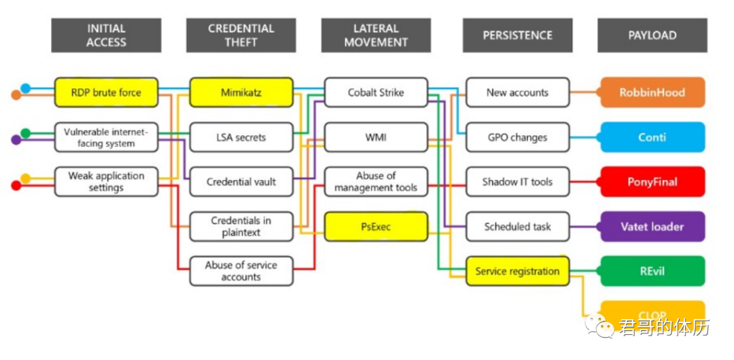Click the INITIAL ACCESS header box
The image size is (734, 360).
106,35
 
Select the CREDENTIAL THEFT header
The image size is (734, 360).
241,35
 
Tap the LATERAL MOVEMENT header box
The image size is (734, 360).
376,35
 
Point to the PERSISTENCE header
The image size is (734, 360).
517,35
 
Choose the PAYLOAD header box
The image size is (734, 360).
652,35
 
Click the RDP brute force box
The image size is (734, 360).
106,92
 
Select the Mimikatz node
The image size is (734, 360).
241,92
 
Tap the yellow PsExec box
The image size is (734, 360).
376,226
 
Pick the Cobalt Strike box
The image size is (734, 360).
376,92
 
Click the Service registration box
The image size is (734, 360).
517,271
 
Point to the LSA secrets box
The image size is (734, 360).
241,137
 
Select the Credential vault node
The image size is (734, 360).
241,182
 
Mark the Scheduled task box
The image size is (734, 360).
517,226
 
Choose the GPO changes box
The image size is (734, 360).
517,137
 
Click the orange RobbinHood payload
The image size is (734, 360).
652,92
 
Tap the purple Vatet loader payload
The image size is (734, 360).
652,226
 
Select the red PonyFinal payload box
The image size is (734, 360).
652,182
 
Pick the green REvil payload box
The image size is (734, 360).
652,271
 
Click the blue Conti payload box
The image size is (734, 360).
652,137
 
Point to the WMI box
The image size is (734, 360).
376,137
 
